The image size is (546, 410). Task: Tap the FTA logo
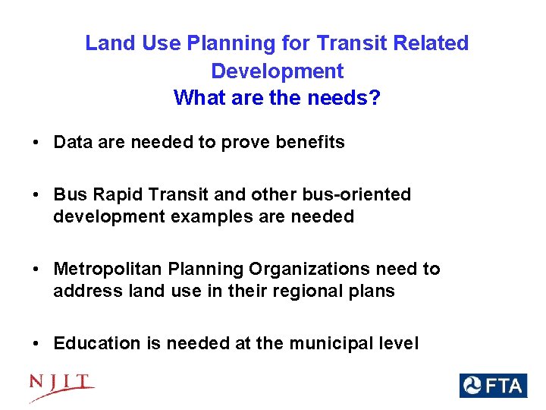tap(492, 386)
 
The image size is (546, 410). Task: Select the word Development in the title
tap(277, 71)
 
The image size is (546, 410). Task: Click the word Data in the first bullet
tap(72, 142)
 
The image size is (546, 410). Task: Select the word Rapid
tap(111, 194)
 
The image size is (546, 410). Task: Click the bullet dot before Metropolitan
tap(36, 270)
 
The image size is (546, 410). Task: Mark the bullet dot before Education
tap(36, 344)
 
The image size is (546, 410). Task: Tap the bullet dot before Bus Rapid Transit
tap(36, 195)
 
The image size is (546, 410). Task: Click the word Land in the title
tap(105, 43)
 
